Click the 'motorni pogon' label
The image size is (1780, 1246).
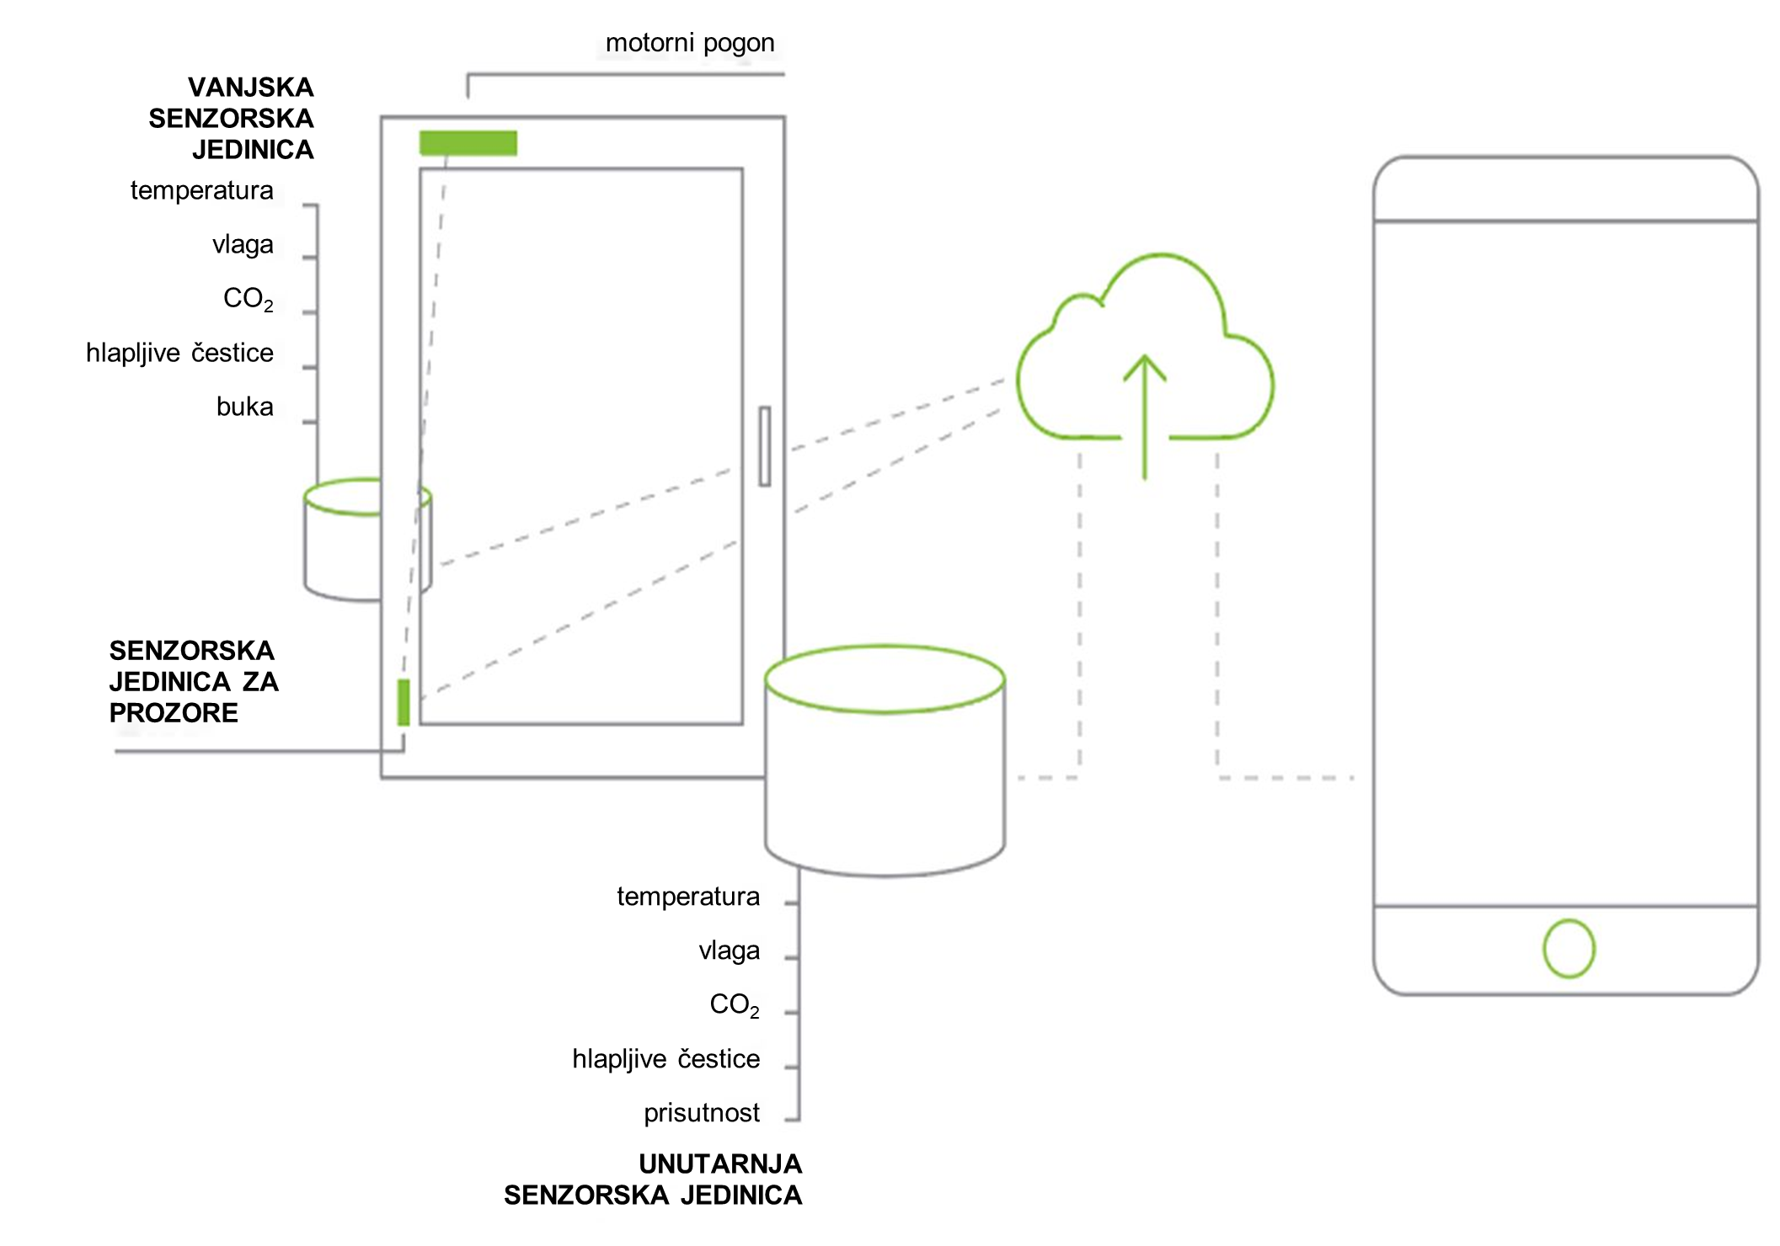click(690, 43)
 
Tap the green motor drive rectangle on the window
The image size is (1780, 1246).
click(468, 143)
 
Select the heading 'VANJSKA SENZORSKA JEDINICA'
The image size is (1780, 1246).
click(232, 119)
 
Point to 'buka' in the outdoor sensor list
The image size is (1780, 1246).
click(244, 407)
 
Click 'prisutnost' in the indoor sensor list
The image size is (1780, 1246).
click(702, 1113)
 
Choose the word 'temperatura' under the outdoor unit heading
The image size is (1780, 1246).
click(202, 191)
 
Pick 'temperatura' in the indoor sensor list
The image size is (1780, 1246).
click(688, 897)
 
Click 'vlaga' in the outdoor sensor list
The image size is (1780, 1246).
click(243, 245)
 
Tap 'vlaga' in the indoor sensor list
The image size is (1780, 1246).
click(730, 950)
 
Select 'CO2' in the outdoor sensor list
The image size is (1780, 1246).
click(248, 299)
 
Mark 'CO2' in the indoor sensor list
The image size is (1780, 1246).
click(735, 1004)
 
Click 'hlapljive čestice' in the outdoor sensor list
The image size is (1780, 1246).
click(179, 353)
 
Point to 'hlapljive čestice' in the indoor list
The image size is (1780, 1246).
click(666, 1059)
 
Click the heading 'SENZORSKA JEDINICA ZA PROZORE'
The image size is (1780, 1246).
click(194, 682)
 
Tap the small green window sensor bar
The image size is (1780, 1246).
click(404, 702)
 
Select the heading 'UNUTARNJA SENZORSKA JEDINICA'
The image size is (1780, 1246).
click(654, 1179)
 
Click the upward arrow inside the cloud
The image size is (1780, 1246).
click(1144, 417)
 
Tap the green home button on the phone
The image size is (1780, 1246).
click(1569, 949)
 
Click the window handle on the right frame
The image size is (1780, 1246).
click(764, 446)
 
